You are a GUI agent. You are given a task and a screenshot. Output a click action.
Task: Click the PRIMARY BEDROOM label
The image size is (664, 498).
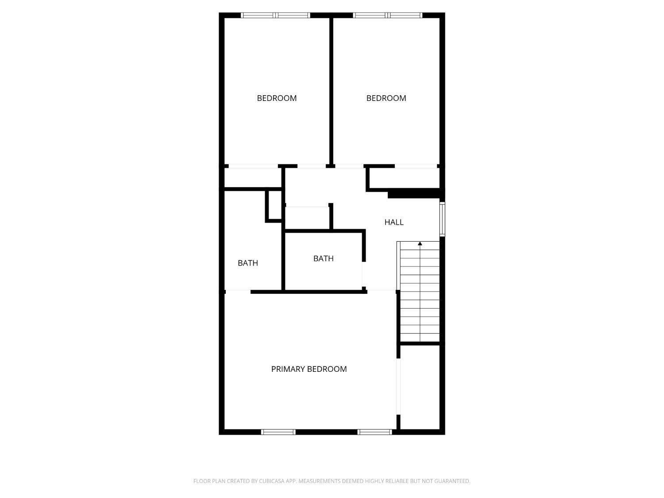click(309, 369)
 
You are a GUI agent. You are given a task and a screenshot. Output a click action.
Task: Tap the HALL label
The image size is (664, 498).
click(394, 222)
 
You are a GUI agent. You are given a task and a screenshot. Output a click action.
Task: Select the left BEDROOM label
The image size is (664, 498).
click(277, 98)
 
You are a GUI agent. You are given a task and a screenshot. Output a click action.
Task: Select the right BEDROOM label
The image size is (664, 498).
click(386, 98)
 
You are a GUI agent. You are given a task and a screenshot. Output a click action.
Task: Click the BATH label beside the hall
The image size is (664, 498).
click(323, 259)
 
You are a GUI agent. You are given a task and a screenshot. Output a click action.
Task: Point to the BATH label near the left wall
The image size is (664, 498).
click(247, 263)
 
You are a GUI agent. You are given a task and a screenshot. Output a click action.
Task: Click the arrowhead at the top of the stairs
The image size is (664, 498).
click(420, 243)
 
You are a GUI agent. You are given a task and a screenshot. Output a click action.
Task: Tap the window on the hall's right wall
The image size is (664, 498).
click(442, 219)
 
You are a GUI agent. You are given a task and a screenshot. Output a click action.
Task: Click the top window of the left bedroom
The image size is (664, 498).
click(275, 15)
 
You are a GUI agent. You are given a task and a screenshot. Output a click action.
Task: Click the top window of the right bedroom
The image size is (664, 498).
click(387, 15)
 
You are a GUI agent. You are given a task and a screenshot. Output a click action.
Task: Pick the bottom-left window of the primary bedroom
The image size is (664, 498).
click(278, 432)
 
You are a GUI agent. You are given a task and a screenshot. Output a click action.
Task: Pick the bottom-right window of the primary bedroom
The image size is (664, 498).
click(374, 432)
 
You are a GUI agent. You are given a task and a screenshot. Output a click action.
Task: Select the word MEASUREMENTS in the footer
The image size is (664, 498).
click(319, 481)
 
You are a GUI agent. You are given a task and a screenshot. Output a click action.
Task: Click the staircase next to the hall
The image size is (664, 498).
click(420, 292)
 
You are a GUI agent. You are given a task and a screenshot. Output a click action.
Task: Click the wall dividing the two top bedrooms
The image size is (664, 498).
click(331, 91)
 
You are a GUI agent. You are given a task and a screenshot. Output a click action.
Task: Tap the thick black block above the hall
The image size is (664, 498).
click(415, 193)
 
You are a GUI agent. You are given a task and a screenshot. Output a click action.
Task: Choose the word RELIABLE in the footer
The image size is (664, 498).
click(395, 481)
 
